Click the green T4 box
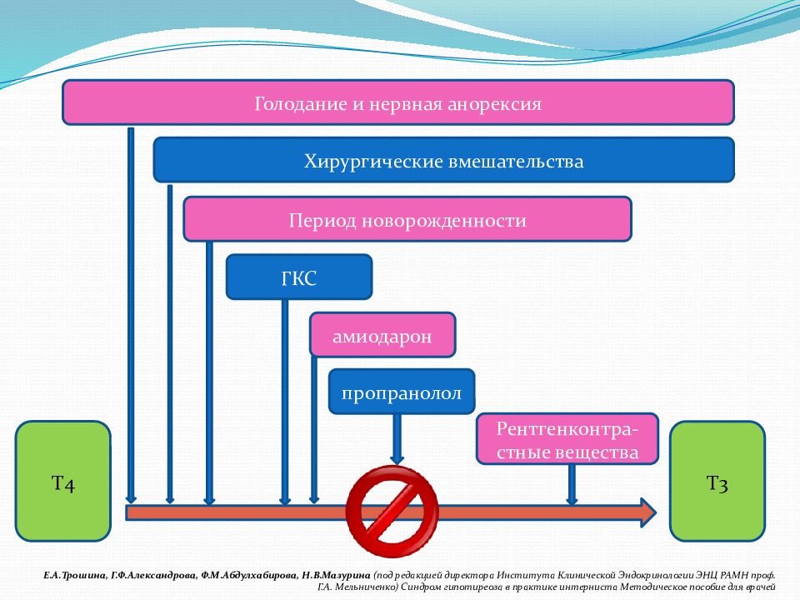[63, 481]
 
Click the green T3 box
[717, 481]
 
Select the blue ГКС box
[298, 277]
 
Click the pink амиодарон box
[382, 335]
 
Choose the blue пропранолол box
[402, 392]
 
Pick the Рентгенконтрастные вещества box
[567, 440]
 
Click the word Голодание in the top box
[297, 104]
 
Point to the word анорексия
[496, 104]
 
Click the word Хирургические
[361, 161]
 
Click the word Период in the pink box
[319, 221]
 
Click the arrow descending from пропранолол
[397, 437]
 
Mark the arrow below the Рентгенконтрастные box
[572, 483]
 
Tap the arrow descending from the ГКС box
[285, 400]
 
